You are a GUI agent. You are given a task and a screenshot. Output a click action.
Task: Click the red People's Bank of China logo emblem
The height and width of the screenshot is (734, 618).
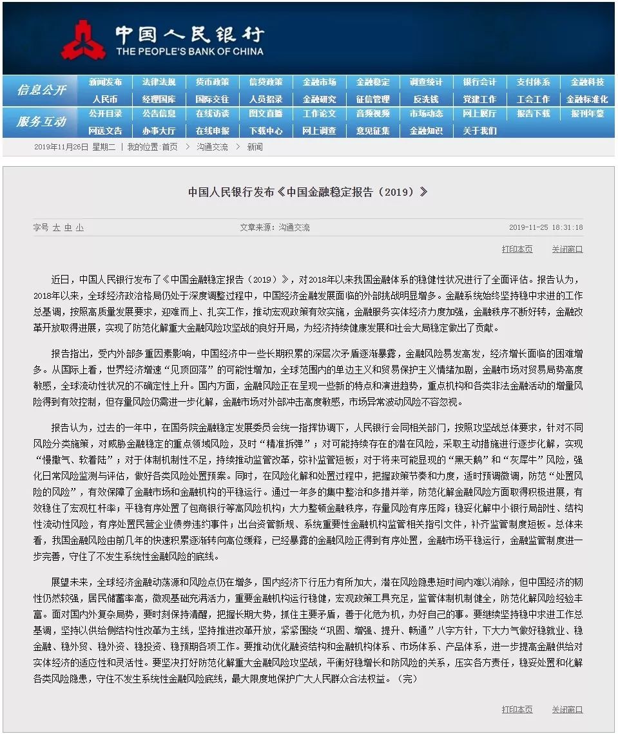click(84, 39)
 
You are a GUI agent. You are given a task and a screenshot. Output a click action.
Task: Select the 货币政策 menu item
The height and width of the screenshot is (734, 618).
click(212, 82)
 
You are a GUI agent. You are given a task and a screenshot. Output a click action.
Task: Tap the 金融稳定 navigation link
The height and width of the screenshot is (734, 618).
click(372, 82)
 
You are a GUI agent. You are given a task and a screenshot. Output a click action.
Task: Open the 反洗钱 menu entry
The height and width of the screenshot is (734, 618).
click(426, 99)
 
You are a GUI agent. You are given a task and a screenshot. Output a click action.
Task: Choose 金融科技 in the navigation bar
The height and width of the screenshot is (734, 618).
click(587, 82)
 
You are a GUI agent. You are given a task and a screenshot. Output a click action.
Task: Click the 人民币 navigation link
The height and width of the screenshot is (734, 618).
click(105, 99)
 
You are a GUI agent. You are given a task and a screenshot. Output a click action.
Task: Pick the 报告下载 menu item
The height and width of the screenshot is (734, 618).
click(533, 114)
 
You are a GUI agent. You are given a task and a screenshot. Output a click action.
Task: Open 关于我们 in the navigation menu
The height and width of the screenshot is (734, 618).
click(479, 131)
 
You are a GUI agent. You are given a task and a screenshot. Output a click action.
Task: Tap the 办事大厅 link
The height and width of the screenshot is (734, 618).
click(159, 131)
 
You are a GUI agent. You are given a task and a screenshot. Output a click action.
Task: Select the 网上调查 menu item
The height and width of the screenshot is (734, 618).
click(319, 131)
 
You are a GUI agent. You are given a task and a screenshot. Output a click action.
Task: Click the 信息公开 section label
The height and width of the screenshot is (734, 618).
click(41, 90)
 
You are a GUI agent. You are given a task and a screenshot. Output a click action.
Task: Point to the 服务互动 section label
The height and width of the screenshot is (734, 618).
click(41, 122)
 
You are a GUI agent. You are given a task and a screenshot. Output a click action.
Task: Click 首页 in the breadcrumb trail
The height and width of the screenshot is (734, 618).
click(169, 147)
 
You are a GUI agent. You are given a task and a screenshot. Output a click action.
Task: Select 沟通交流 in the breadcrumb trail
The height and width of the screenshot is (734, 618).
click(212, 147)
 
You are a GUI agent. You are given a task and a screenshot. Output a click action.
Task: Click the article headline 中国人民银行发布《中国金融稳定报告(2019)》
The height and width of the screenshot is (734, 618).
click(308, 192)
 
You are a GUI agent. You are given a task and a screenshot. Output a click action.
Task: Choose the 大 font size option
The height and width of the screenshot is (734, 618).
click(56, 227)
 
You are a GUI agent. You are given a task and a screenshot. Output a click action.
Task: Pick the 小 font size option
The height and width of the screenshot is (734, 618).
click(79, 227)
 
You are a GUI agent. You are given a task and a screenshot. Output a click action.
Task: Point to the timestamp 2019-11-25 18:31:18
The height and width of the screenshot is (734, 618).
click(546, 227)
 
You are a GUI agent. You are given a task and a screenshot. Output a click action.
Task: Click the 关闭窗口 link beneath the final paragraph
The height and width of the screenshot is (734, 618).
click(566, 710)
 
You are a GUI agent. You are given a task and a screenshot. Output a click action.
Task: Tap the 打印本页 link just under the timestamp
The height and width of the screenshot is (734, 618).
click(517, 249)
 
